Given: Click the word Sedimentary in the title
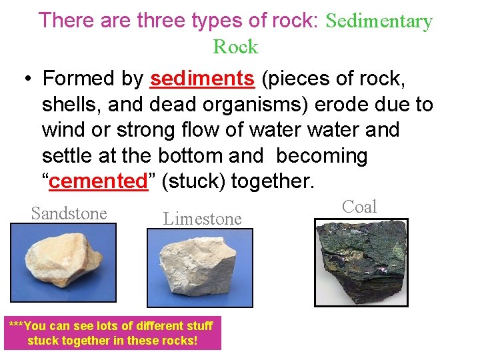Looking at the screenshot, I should pos(379,21).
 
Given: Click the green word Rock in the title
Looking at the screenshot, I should pos(235,47).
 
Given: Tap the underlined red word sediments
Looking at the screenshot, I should pos(202,79).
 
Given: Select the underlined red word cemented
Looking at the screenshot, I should pos(98,181).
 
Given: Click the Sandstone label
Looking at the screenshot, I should pos(69,213).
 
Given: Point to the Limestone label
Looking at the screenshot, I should pos(203,218).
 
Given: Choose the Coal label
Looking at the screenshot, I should pos(359,207).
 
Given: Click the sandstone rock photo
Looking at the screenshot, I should pos(63,263).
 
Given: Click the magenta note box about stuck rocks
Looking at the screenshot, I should pos(111,333).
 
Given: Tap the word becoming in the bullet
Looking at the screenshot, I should pos(321,156).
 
